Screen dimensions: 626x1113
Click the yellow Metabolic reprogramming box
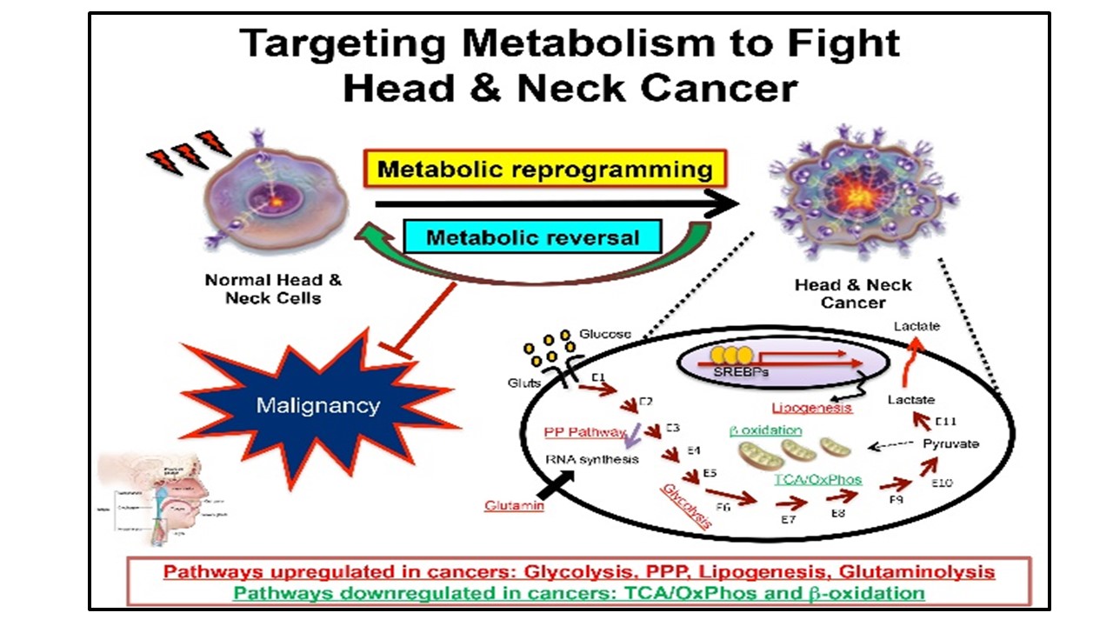[544, 170]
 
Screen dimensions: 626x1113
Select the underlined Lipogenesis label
[810, 407]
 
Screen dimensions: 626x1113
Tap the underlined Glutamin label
[516, 505]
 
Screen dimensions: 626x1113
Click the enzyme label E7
[787, 519]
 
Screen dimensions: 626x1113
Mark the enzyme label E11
[947, 422]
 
